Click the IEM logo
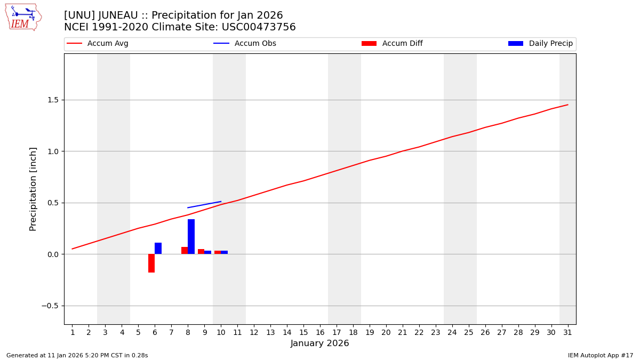coord(23,17)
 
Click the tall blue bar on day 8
coord(191,236)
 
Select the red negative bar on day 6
coord(151,263)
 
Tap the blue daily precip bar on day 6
coord(158,249)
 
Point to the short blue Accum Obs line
coord(204,205)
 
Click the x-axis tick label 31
coord(567,333)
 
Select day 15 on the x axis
coord(303,333)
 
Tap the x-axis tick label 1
coord(73,333)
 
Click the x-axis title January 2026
coord(319,344)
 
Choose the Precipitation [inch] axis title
coord(33,189)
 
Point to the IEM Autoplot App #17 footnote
coord(601,356)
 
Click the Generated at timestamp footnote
coord(77,356)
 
